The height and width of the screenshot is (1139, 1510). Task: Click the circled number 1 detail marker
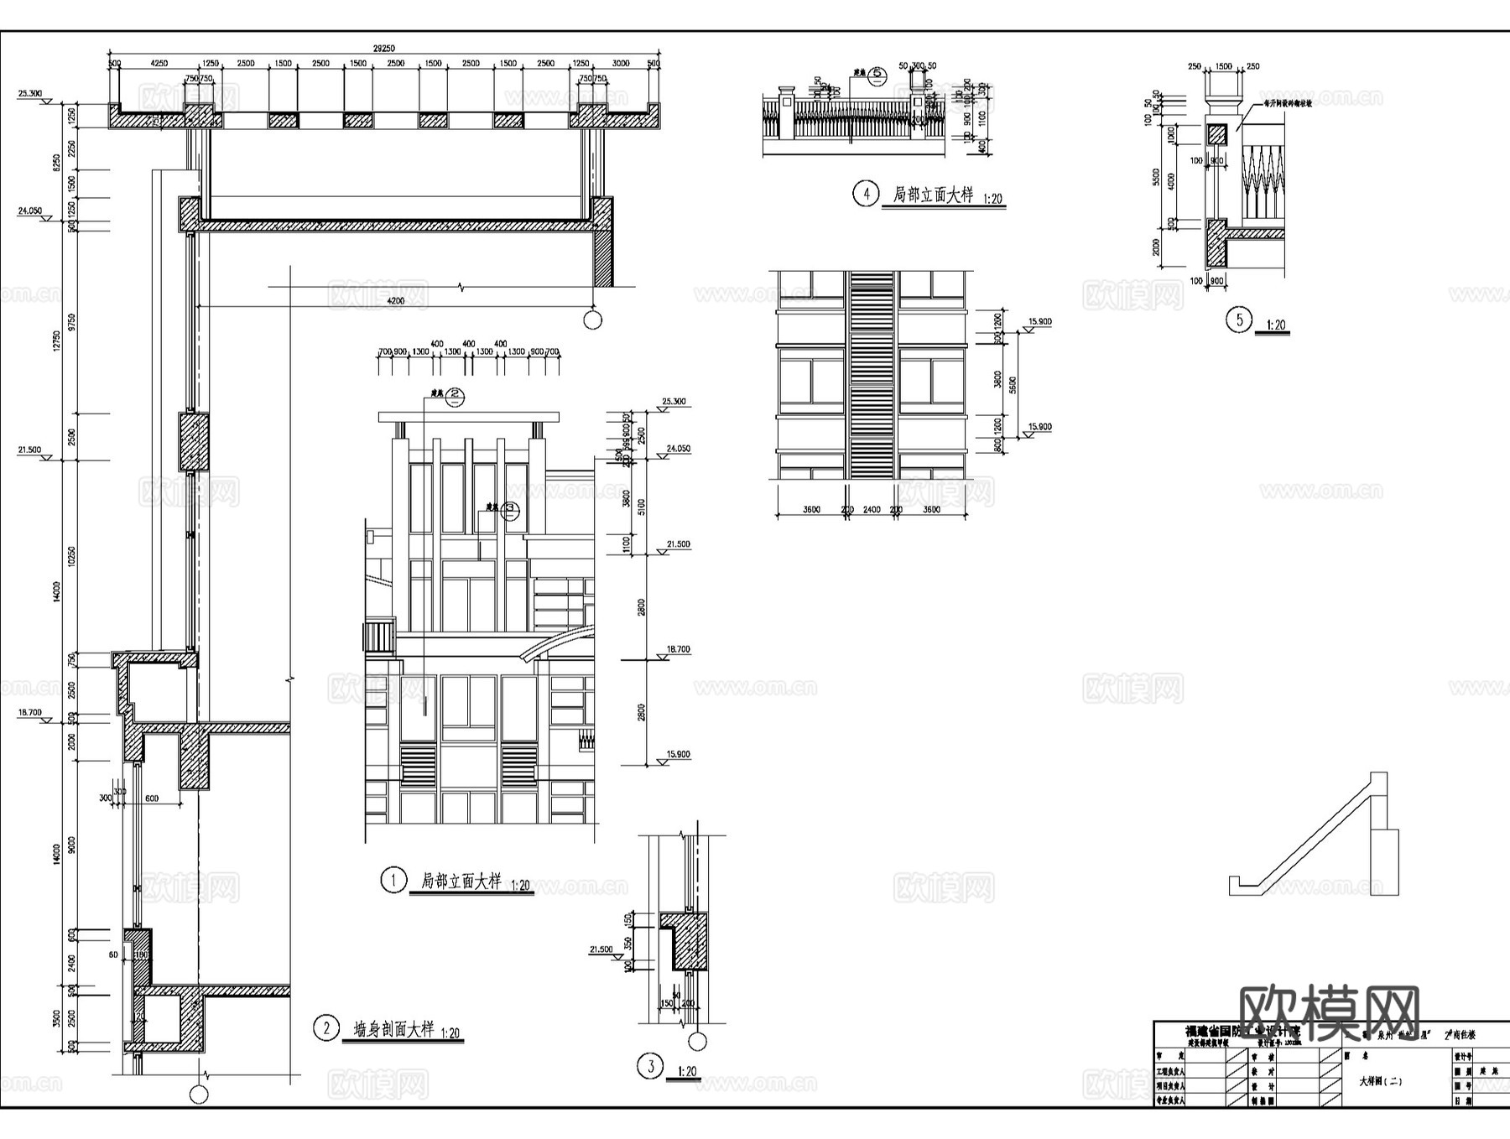[x=393, y=880]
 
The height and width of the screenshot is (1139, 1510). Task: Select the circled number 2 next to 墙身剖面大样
[x=325, y=1027]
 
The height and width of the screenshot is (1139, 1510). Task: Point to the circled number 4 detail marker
[x=866, y=194]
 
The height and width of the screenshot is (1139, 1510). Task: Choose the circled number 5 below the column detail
[x=1239, y=320]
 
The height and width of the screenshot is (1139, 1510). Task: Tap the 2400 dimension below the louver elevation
[x=872, y=509]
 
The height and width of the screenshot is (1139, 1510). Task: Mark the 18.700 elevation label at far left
[x=29, y=712]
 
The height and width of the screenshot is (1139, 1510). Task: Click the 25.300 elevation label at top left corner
[x=29, y=93]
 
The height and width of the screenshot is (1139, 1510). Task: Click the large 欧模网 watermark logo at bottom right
[x=1330, y=1013]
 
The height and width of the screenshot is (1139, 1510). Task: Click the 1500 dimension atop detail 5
[x=1224, y=66]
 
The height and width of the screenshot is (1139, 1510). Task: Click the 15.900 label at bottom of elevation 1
[x=678, y=754]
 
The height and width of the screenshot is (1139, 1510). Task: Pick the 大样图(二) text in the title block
[x=1380, y=1081]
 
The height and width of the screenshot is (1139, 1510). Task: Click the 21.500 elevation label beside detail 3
[x=601, y=949]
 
